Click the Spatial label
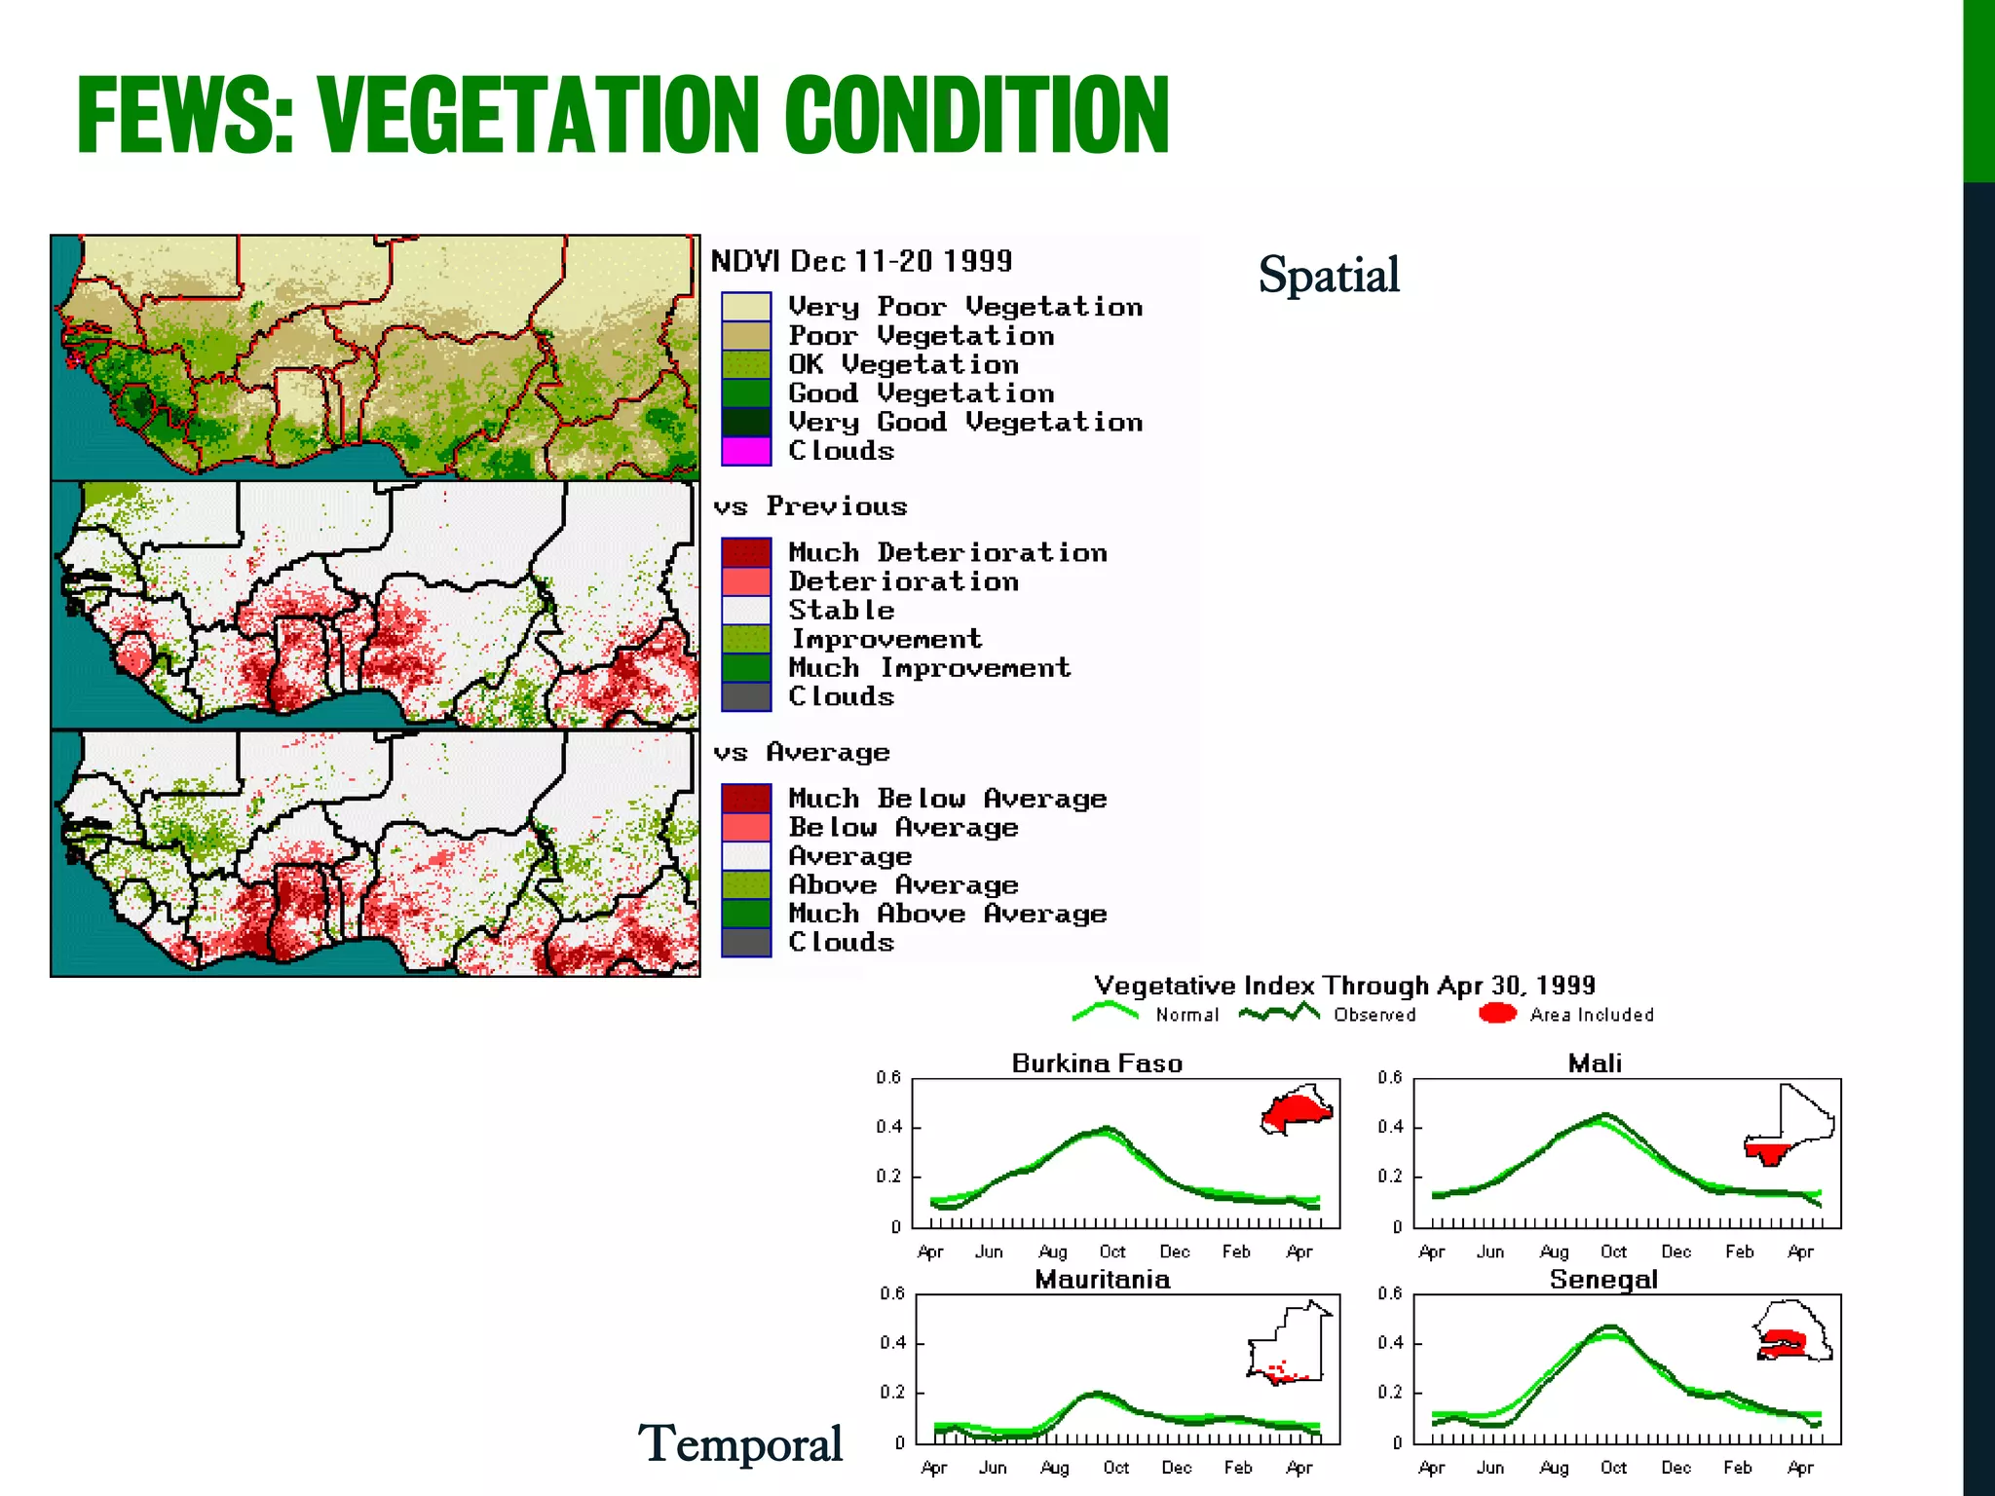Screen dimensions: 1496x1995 pos(1329,275)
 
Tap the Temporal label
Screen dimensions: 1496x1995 pos(740,1443)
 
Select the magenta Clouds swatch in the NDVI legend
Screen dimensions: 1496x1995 pos(746,451)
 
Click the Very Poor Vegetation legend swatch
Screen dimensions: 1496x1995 pos(746,307)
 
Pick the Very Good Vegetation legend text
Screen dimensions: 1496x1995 pos(964,422)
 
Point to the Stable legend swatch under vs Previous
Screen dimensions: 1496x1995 pos(746,611)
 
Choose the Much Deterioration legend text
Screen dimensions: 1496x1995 pos(947,552)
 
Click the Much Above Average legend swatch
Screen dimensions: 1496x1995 pos(746,914)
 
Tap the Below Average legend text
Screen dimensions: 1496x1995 pos(903,828)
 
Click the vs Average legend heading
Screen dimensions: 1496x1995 pos(801,753)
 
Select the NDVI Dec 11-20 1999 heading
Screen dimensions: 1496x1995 pos(861,261)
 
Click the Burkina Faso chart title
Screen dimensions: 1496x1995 pos(1097,1064)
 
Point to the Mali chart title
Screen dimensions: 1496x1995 pos(1595,1064)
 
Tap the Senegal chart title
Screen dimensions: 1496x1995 pos(1603,1280)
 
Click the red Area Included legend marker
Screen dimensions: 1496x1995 pos(1497,1014)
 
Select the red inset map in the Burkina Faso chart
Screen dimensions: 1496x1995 pos(1297,1110)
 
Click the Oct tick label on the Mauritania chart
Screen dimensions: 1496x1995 pos(1116,1467)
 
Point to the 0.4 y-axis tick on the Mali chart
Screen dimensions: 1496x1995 pos(1390,1127)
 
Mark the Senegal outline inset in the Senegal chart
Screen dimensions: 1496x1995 pos(1792,1331)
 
